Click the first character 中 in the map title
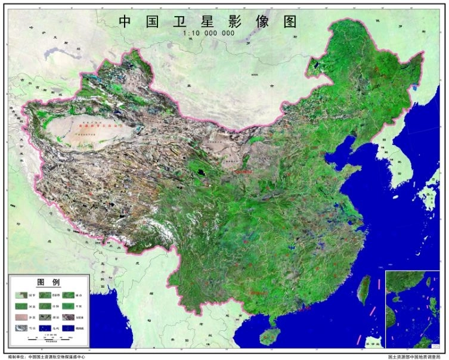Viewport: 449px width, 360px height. tap(125, 21)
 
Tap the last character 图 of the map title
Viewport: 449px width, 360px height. tap(290, 21)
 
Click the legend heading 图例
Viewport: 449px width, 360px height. tap(48, 281)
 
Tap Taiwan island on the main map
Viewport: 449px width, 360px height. tap(362, 290)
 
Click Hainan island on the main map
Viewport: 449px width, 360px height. tap(272, 335)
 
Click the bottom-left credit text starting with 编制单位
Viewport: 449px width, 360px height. tap(48, 356)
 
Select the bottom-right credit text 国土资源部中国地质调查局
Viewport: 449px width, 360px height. tap(414, 356)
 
